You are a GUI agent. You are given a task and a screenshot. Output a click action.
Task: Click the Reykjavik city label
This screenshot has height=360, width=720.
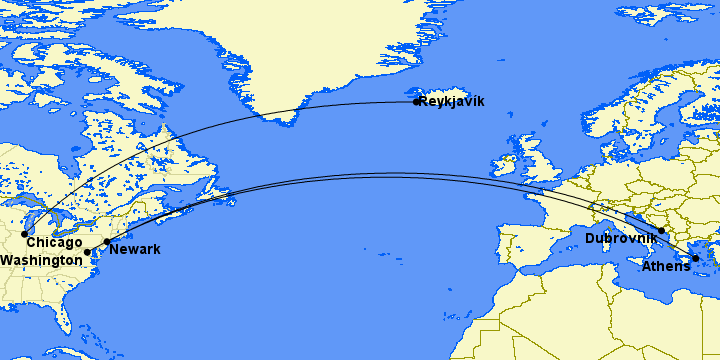(x=452, y=101)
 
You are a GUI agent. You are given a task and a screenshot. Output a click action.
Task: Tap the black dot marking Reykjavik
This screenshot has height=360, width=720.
(x=416, y=101)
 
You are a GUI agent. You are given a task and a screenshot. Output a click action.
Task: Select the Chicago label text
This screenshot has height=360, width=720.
(x=54, y=243)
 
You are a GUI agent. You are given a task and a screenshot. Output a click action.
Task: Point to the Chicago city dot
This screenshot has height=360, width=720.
(x=24, y=234)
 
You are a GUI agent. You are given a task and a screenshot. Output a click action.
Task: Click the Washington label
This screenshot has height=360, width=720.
(x=41, y=260)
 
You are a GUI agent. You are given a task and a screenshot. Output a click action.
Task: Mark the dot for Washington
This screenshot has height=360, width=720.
(x=87, y=252)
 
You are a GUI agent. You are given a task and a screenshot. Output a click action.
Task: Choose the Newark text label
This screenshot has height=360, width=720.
(x=134, y=249)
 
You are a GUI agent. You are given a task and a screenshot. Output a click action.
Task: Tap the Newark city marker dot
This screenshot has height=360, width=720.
(x=106, y=242)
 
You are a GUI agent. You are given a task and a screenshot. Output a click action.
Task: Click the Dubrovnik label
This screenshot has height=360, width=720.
(x=620, y=238)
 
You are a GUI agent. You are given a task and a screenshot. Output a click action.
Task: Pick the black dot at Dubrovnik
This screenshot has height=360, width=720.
(x=661, y=230)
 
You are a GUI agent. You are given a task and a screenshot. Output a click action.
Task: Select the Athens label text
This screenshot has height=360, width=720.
(x=665, y=266)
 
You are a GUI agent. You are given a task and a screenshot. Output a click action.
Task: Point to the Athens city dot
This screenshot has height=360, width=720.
(x=695, y=258)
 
